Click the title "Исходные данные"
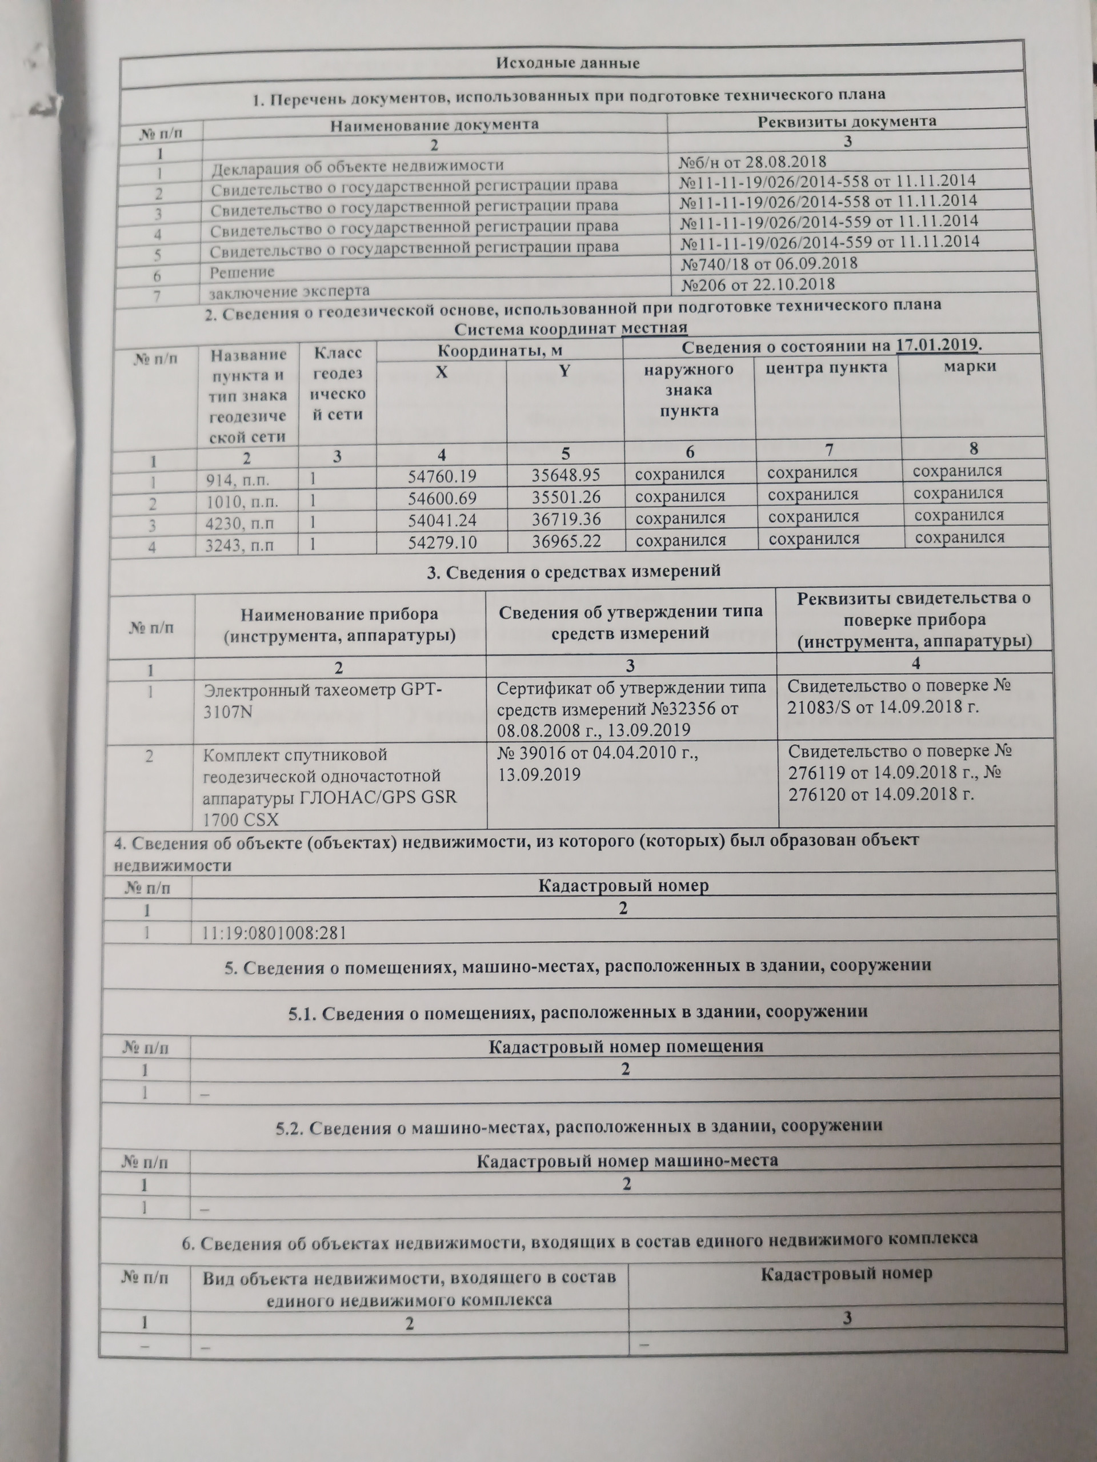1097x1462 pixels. click(x=568, y=63)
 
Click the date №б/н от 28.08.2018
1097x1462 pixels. click(x=752, y=162)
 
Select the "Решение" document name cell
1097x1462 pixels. click(x=242, y=272)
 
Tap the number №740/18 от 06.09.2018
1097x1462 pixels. click(x=769, y=264)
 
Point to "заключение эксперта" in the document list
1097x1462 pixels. click(x=289, y=291)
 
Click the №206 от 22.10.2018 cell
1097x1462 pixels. click(x=758, y=284)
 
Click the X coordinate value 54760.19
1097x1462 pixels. click(x=442, y=476)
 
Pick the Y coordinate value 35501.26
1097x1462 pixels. click(x=566, y=496)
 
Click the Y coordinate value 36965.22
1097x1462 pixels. click(x=567, y=541)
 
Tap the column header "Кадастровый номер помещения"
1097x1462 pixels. click(x=626, y=1046)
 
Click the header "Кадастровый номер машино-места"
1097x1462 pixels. click(x=627, y=1159)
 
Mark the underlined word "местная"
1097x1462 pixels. click(x=654, y=328)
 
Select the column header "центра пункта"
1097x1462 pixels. click(x=826, y=367)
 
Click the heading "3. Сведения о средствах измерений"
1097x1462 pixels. click(x=573, y=571)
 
